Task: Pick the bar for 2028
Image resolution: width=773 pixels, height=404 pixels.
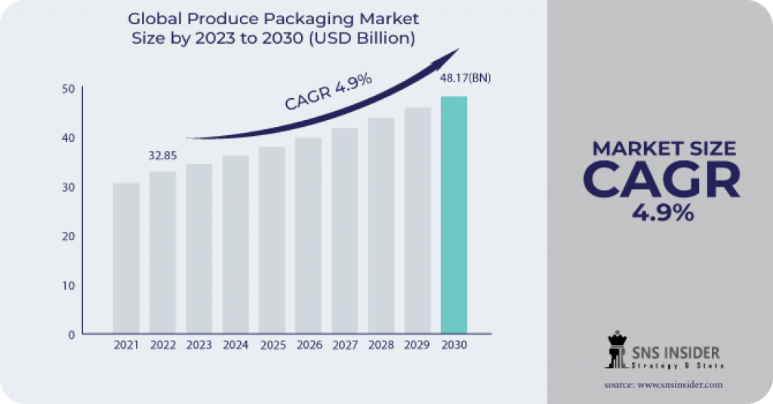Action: [x=381, y=226]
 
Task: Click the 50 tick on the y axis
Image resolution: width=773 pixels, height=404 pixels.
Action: [x=67, y=89]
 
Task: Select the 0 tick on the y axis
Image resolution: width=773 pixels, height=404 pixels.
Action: [x=71, y=334]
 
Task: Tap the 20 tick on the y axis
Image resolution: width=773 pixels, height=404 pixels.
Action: [x=67, y=236]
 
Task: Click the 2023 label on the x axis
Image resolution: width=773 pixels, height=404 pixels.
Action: [x=199, y=345]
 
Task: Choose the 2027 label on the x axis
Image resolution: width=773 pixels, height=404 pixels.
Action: [x=344, y=345]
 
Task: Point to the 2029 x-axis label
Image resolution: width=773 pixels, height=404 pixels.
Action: [x=417, y=345]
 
